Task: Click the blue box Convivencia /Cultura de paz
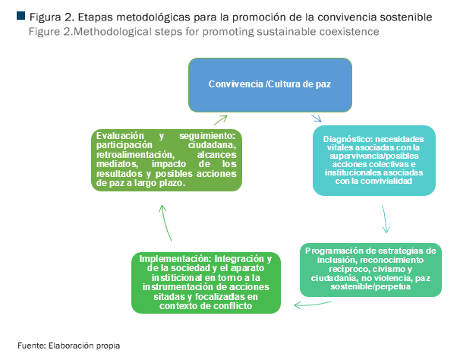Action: point(270,85)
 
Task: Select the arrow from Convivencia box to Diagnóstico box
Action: point(317,118)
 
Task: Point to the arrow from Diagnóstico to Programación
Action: point(385,219)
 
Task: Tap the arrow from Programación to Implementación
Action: point(312,305)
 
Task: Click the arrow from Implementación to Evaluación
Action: point(165,223)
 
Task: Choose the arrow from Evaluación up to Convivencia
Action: point(221,120)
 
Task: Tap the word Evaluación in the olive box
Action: point(120,136)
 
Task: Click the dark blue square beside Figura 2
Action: point(20,16)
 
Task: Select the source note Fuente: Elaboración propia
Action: point(68,346)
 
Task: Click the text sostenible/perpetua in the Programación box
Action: point(370,286)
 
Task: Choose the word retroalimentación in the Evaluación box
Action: point(136,154)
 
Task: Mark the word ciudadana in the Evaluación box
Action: point(212,145)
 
